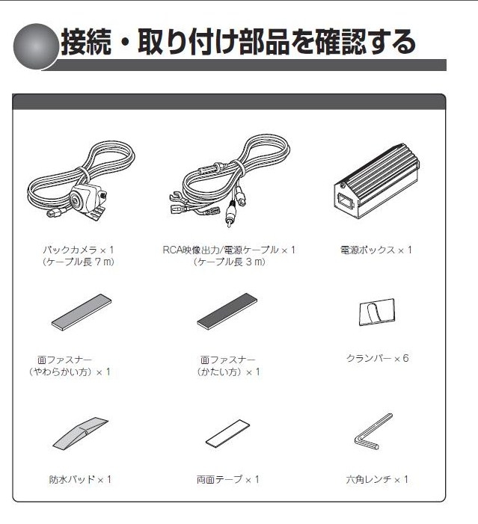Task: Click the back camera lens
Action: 76,200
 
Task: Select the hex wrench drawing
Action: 373,431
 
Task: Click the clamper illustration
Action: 377,312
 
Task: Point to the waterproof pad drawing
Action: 80,434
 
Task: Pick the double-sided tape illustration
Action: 227,434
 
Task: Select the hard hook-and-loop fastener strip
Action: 227,312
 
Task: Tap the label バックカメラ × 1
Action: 79,250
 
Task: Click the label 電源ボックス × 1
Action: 376,250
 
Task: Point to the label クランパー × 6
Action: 377,358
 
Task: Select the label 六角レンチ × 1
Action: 377,480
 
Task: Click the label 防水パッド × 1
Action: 80,480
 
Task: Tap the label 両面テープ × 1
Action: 227,480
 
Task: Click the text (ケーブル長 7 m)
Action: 79,262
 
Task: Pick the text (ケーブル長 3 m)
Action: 229,262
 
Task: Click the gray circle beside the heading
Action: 35,46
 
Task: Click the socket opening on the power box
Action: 345,200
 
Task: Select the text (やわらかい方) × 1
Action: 70,372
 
